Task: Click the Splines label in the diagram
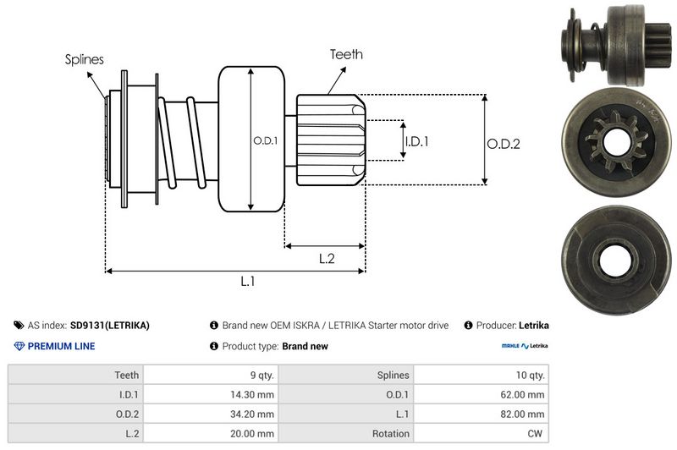point(84,59)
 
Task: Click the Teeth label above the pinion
point(346,54)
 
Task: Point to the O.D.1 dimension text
point(265,140)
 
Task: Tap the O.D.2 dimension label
point(503,144)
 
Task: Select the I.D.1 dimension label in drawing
point(416,141)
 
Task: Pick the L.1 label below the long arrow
point(248,282)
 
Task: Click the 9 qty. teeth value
point(258,375)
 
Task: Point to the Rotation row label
point(390,433)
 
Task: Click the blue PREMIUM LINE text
point(61,346)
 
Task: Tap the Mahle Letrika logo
point(525,346)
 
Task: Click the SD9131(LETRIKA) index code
point(109,325)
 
